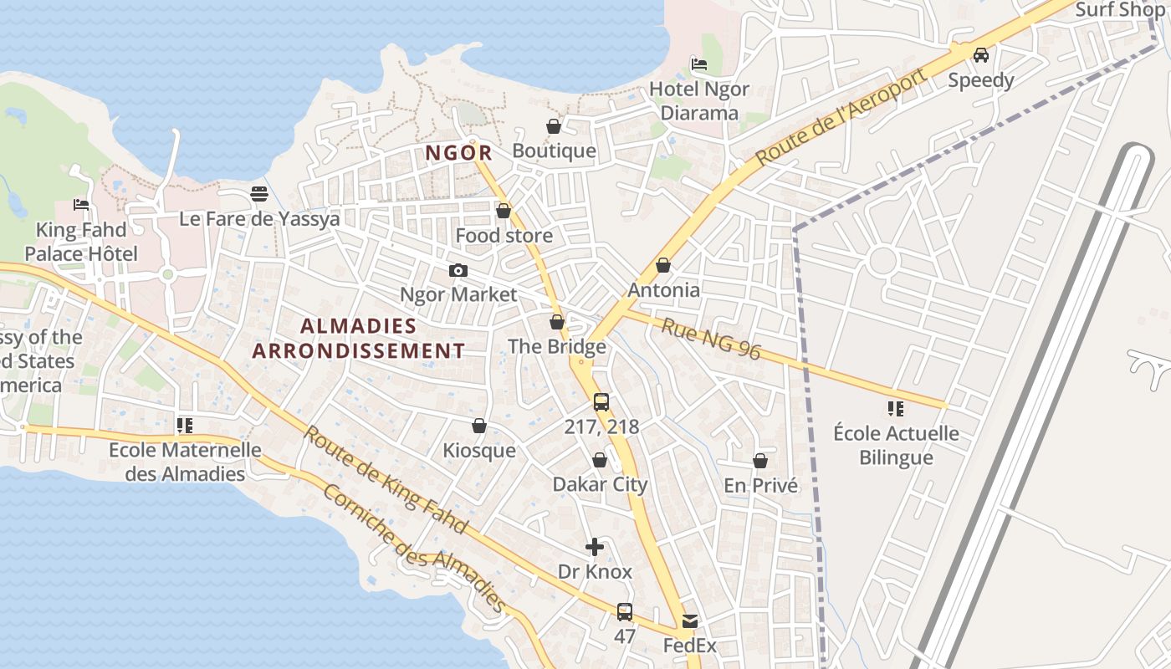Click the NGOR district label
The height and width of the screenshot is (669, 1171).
pos(458,153)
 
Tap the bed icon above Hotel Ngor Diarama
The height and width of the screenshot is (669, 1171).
pos(699,64)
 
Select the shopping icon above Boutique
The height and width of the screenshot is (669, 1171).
pos(554,126)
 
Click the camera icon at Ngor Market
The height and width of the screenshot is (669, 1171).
pos(458,270)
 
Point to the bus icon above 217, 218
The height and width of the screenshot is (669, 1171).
pos(601,402)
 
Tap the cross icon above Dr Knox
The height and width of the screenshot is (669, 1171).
pos(595,547)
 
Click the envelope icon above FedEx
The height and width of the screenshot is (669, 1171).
pos(690,621)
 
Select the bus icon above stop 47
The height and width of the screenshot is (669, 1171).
pos(625,611)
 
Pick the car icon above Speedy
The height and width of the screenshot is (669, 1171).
pos(981,55)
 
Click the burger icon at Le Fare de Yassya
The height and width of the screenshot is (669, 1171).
pos(259,194)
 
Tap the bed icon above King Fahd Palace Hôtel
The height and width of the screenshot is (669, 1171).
pos(81,204)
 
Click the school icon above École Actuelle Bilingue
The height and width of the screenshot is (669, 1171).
pos(896,409)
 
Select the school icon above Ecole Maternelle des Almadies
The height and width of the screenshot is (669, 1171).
pos(185,426)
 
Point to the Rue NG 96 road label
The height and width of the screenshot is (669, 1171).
pos(711,339)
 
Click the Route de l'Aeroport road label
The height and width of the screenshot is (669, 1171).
pos(841,117)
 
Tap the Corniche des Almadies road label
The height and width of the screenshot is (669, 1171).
pos(414,548)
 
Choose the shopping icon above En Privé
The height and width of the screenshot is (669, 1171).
pos(760,461)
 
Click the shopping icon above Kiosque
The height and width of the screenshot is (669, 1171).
pos(479,426)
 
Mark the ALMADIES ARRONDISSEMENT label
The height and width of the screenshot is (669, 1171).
pos(359,338)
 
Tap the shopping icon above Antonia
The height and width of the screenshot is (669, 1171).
pos(663,265)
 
